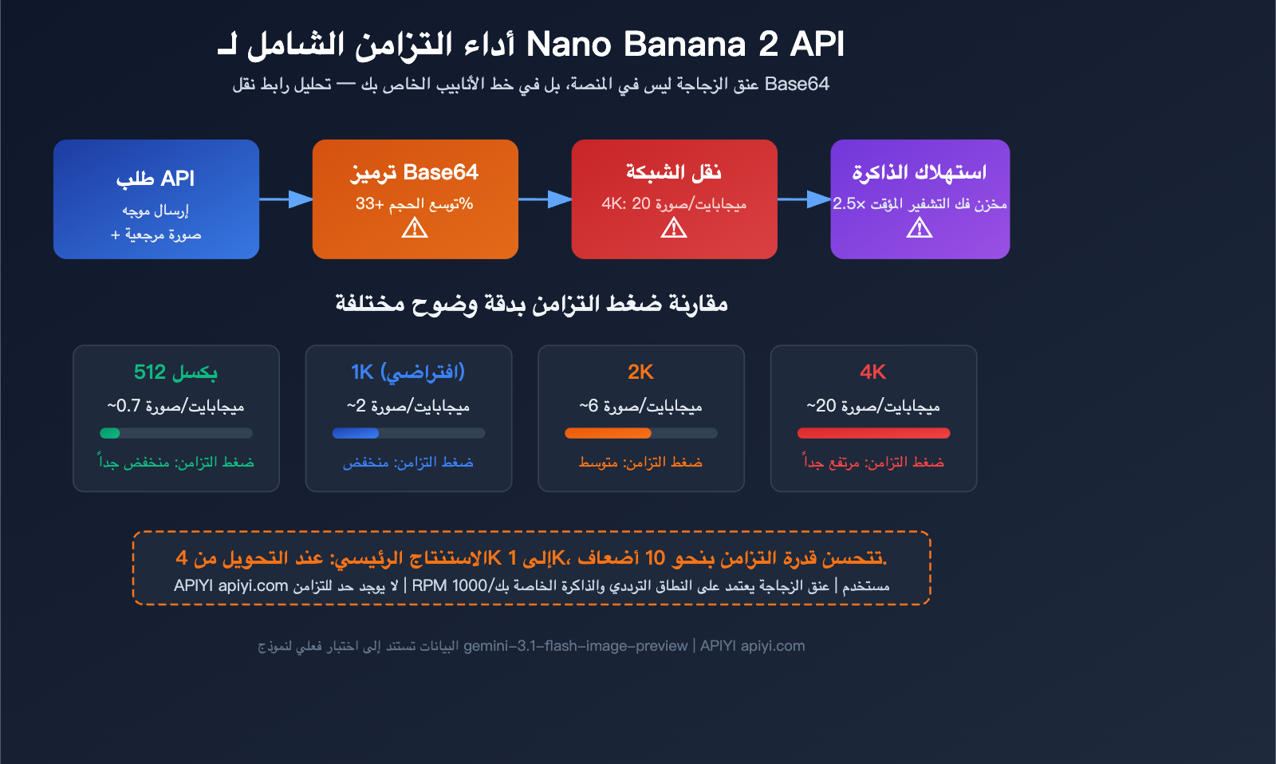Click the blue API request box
tap(156, 199)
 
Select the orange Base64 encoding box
tap(415, 199)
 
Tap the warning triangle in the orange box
tap(415, 229)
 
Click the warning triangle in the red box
tap(674, 229)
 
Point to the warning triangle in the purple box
tap(920, 229)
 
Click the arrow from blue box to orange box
tap(286, 199)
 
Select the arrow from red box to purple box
tap(804, 199)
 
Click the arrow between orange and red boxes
tap(545, 199)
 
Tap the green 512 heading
tap(175, 372)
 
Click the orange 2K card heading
tap(640, 372)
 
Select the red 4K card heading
tap(873, 372)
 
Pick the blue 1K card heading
tap(408, 372)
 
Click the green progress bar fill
tap(110, 433)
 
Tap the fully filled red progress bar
tap(873, 433)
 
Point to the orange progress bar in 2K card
tap(608, 433)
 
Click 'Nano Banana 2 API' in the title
tap(685, 44)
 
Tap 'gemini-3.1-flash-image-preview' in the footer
tap(575, 646)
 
